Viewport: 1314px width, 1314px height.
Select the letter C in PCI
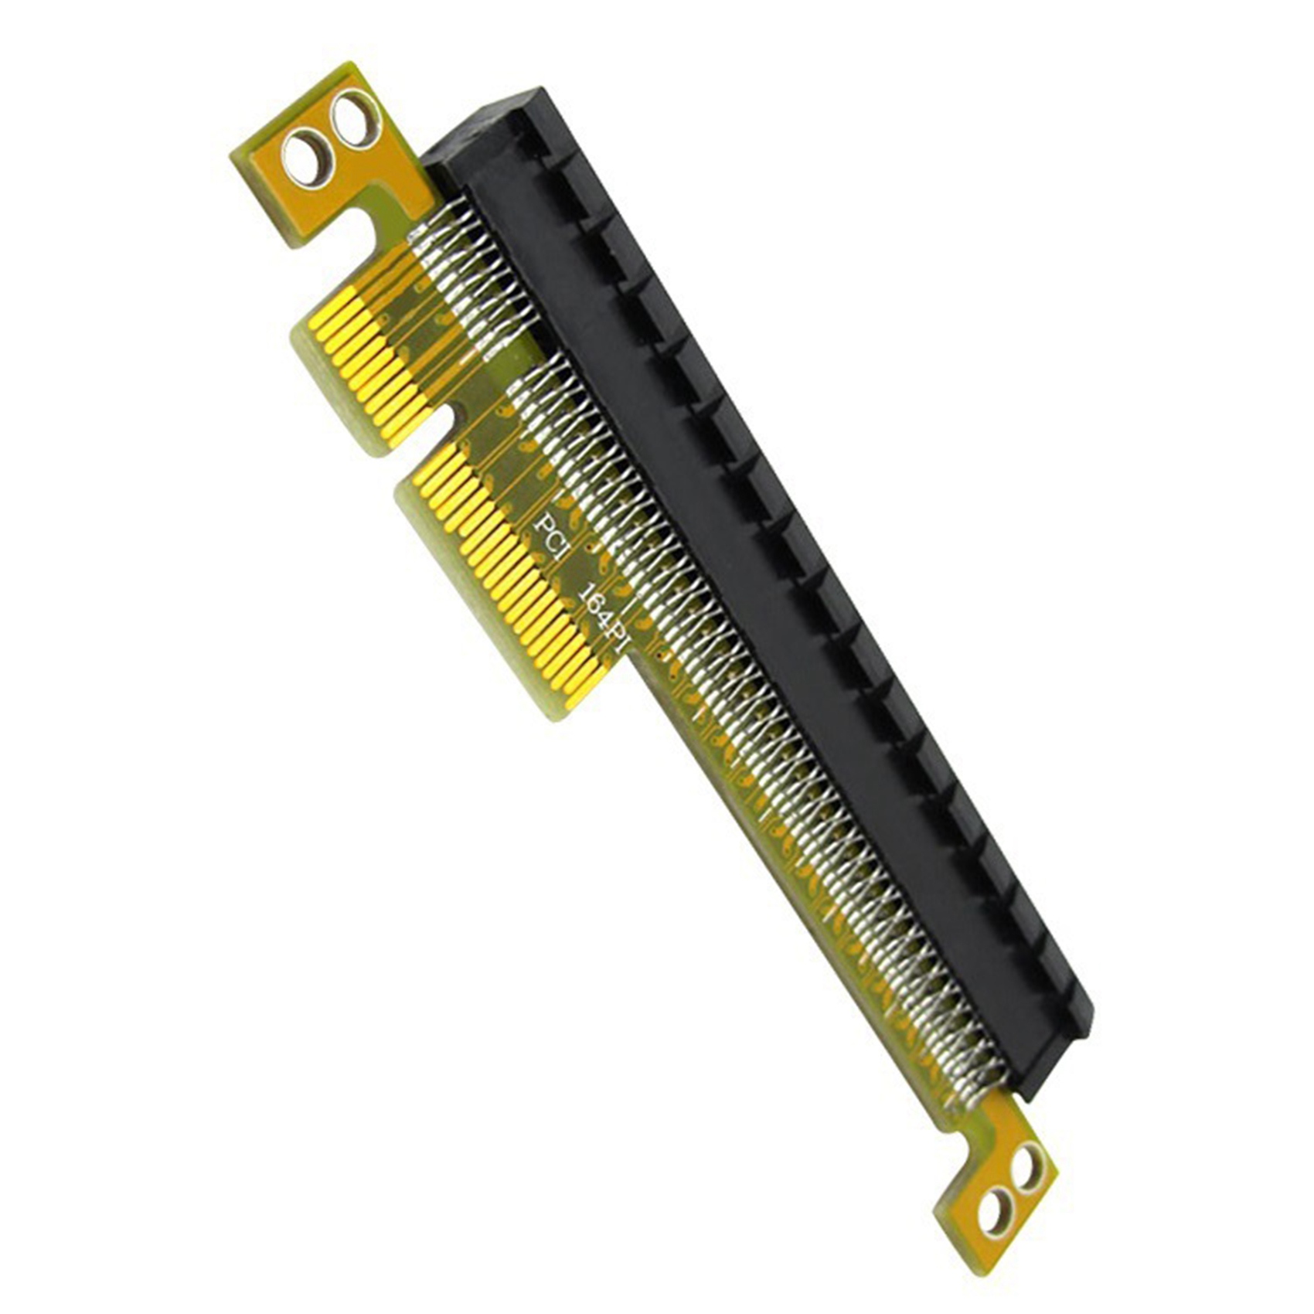pyautogui.click(x=553, y=536)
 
